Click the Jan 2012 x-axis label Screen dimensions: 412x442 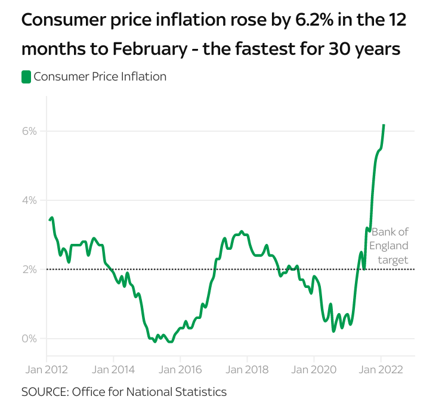(46, 369)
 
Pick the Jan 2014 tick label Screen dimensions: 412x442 (113, 369)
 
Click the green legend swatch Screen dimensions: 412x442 (26, 77)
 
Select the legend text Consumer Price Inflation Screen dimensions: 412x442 (100, 77)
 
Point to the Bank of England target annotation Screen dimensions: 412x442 (390, 246)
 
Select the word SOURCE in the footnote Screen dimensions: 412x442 (43, 392)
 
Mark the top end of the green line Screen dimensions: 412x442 (384, 125)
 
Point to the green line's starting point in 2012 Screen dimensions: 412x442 (50, 220)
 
